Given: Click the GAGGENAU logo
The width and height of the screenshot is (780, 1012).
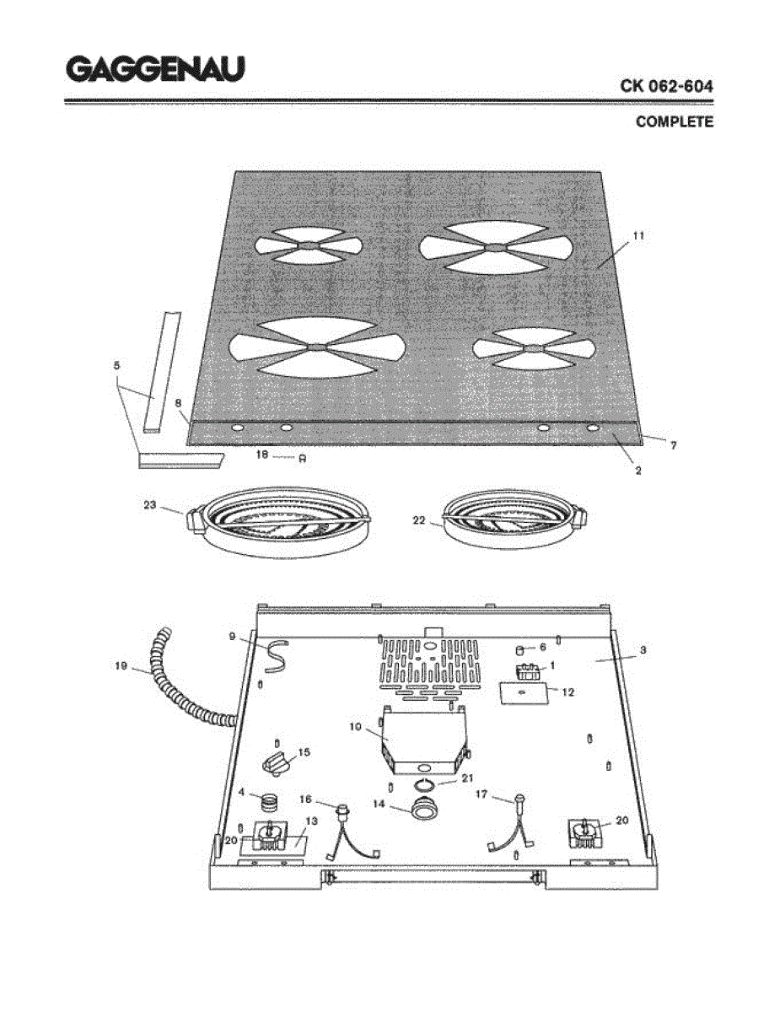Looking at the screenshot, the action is click(x=155, y=69).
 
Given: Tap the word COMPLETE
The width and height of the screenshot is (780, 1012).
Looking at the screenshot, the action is click(x=674, y=122).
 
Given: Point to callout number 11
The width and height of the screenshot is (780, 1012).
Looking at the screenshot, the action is click(x=637, y=237).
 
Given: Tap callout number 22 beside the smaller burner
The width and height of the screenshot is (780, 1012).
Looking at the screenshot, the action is click(x=419, y=521).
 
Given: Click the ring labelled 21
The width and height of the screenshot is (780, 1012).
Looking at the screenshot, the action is click(x=426, y=786).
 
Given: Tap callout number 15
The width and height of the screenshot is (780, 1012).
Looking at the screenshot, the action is click(x=304, y=751).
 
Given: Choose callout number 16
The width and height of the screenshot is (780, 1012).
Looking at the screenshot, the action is click(x=306, y=798).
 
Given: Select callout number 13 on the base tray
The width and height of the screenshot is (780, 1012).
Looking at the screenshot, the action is click(x=311, y=821).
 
